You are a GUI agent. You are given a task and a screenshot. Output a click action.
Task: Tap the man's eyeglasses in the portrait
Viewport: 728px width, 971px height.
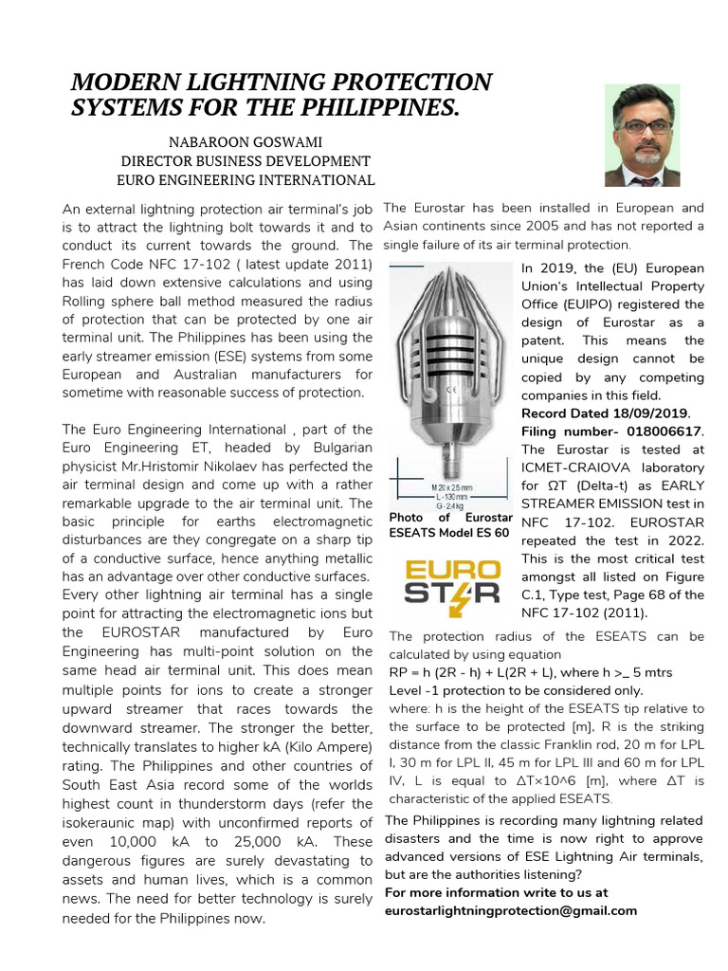click(x=645, y=125)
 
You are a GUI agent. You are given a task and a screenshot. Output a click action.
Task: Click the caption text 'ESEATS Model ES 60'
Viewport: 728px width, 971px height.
click(x=449, y=533)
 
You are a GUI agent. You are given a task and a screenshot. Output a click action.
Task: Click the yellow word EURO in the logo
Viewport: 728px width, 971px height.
click(x=449, y=571)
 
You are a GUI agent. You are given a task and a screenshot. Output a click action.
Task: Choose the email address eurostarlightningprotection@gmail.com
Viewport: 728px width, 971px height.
click(x=511, y=910)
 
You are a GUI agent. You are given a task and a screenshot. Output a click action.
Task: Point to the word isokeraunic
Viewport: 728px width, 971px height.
click(x=105, y=823)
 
